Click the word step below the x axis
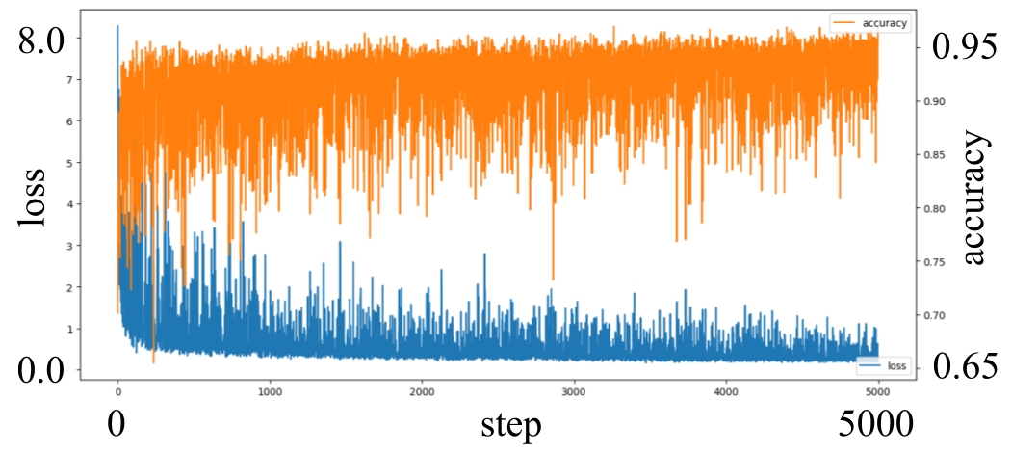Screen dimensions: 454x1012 tap(510, 424)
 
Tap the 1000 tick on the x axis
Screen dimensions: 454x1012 tap(270, 392)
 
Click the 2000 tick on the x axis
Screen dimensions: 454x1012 tap(422, 392)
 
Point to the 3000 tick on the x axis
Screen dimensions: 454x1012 tap(574, 392)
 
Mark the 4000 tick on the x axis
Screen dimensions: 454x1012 tap(726, 392)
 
